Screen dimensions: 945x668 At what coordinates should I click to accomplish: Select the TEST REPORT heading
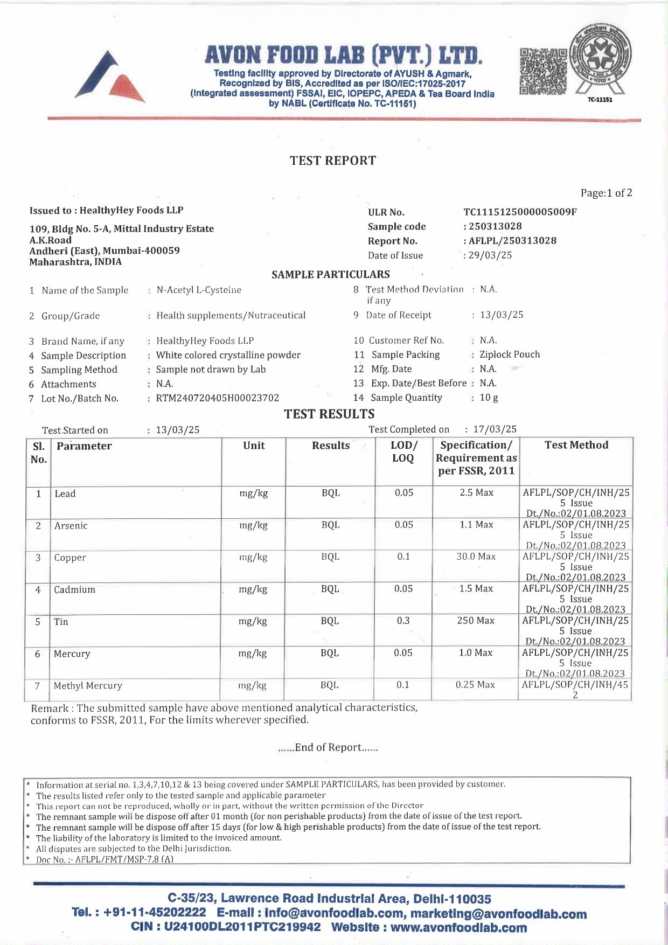point(333,161)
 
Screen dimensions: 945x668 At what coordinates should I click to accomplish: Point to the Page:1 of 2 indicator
point(606,193)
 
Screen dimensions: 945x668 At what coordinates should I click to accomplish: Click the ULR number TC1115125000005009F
point(520,212)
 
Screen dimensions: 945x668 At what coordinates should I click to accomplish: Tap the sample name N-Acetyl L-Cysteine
point(199,290)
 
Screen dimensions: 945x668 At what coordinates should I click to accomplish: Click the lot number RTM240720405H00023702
point(218,398)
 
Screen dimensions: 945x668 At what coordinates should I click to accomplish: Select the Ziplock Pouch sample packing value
point(510,355)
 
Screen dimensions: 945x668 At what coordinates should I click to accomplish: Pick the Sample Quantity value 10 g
point(489,398)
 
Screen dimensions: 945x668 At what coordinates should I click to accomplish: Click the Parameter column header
point(84,446)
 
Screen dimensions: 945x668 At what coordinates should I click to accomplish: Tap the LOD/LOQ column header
point(403,451)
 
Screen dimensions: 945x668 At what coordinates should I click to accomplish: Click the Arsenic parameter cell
point(71,526)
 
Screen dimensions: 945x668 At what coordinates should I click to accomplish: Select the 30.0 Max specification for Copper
point(476,557)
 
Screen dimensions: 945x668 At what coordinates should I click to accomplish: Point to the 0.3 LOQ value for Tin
point(403,621)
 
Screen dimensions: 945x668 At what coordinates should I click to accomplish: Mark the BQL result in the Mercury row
point(330,653)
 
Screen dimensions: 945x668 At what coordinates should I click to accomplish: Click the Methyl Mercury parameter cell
point(88,686)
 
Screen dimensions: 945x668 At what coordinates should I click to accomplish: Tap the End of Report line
point(328,747)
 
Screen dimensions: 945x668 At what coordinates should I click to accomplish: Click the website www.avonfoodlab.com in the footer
point(458,928)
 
